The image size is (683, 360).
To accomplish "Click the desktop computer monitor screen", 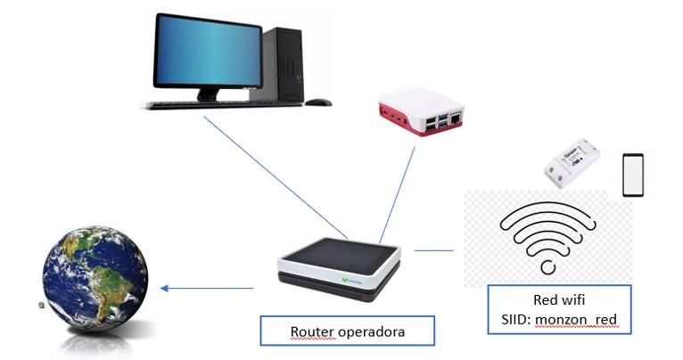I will click(208, 51).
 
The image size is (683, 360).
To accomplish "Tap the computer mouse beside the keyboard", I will click(317, 102).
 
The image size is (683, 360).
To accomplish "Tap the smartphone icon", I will click(632, 174).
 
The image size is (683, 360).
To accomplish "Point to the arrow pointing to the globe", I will click(207, 288).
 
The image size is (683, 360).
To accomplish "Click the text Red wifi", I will click(559, 299).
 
